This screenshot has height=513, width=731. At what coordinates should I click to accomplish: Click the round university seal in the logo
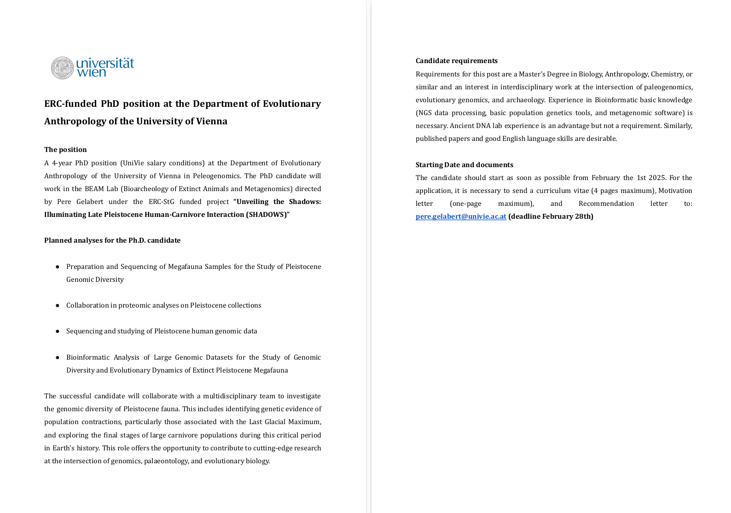pos(62,68)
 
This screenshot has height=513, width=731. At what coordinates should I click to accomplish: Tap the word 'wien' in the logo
pos(91,72)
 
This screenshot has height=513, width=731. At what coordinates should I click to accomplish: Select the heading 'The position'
pos(65,150)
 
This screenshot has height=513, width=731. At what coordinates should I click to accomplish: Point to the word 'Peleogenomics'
pos(216,176)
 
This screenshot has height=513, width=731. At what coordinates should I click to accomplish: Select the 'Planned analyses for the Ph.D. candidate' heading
pos(112,240)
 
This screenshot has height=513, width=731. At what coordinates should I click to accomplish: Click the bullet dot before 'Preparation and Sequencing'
pos(58,267)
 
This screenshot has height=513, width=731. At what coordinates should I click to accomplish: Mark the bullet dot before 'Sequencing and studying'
pos(58,331)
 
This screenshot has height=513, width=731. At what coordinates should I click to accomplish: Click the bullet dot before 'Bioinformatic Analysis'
pos(58,357)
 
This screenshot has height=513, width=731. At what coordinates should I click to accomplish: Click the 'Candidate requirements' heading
pos(457,61)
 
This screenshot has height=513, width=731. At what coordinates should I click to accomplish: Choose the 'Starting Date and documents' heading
pos(464,165)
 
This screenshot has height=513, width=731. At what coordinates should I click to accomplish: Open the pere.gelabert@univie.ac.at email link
pos(461,216)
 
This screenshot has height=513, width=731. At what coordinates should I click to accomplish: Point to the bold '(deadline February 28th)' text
pos(551,216)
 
